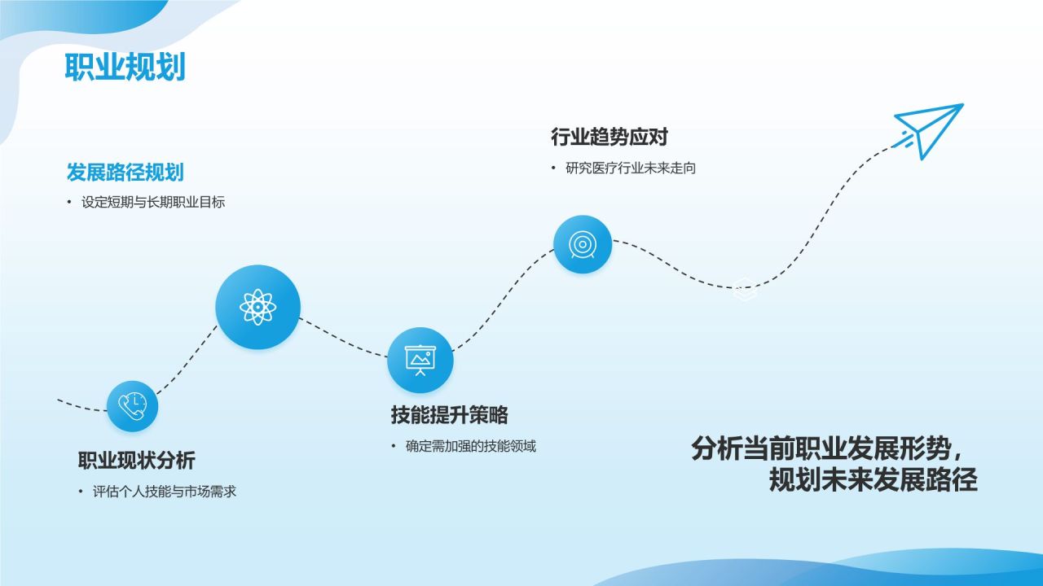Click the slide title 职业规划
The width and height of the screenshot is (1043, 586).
pos(125,68)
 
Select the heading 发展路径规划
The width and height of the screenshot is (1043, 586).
pos(125,173)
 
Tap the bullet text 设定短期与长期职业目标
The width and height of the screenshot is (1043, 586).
pos(153,203)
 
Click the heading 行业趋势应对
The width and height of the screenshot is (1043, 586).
pos(609,137)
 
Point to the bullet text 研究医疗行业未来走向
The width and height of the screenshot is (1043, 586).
pos(631,168)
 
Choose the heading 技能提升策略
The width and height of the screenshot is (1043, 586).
pos(449,415)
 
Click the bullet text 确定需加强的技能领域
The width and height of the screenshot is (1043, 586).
pos(471,446)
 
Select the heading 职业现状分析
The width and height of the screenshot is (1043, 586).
pos(136,461)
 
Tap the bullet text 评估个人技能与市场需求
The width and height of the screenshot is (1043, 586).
pos(165,492)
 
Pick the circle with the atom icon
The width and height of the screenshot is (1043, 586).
pos(257,308)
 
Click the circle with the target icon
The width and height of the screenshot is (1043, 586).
pos(582,244)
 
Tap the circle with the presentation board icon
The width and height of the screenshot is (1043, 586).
pos(420,360)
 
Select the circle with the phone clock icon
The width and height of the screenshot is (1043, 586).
pos(132,405)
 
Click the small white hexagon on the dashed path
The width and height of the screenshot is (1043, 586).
pos(742,289)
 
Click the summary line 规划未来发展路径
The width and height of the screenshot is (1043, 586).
pos(873,480)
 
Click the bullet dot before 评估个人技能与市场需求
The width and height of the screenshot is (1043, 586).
pos(81,492)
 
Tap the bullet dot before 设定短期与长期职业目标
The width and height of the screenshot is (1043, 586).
pos(69,203)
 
